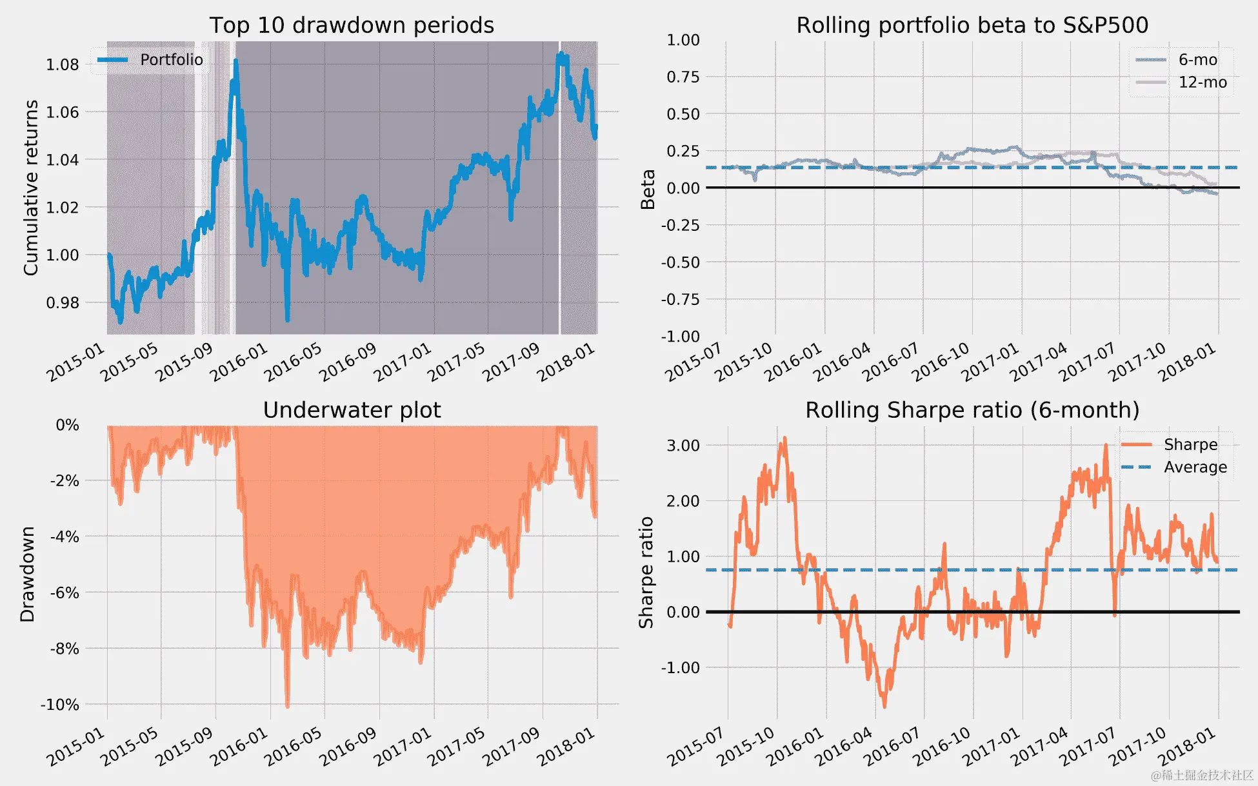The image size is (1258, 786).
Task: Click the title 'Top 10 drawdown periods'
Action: [x=352, y=25]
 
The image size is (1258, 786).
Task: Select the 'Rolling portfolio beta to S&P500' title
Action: [x=972, y=25]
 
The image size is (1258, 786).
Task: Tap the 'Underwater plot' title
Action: [x=352, y=410]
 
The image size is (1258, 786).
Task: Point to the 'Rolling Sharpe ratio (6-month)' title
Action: [x=972, y=410]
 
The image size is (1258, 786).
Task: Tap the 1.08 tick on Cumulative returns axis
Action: [x=62, y=64]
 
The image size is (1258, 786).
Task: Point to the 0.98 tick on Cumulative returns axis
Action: [x=62, y=302]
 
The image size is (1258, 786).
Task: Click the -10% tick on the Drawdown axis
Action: [x=59, y=705]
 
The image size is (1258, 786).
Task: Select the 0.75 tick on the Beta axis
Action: [x=683, y=77]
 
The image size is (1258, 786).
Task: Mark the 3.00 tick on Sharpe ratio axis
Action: [x=683, y=446]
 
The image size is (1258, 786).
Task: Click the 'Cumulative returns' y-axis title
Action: [x=31, y=188]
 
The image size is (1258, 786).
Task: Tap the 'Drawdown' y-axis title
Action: [x=27, y=574]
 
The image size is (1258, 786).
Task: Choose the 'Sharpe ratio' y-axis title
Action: [x=646, y=573]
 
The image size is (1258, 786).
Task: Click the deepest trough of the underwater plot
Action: [x=287, y=706]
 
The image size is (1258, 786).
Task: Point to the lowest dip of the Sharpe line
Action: [x=884, y=706]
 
